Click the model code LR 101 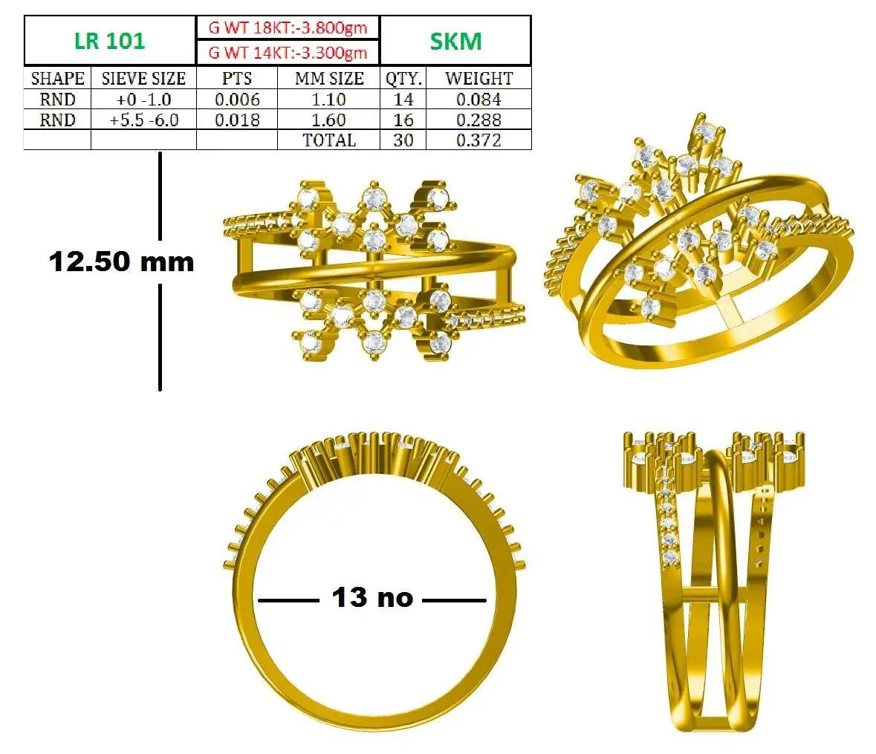coord(109,41)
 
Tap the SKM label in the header coord(455,42)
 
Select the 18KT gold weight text coord(288,27)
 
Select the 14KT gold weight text coord(288,53)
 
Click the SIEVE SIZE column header coord(143,78)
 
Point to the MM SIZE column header coord(329,78)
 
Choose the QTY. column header coord(403,78)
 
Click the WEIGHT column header coord(478,78)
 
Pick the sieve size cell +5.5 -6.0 coord(143,120)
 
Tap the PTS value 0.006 coord(238,100)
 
